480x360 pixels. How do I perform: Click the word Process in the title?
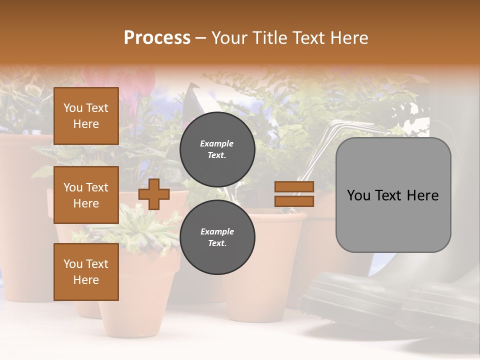pyautogui.click(x=157, y=38)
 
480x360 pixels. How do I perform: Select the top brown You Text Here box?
pyautogui.click(x=86, y=116)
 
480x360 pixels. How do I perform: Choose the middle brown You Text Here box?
pyautogui.click(x=86, y=195)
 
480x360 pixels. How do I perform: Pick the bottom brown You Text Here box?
pyautogui.click(x=86, y=272)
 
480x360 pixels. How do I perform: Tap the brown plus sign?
pyautogui.click(x=154, y=194)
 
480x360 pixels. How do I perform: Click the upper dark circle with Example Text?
pyautogui.click(x=217, y=149)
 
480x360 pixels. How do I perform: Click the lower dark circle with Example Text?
pyautogui.click(x=217, y=237)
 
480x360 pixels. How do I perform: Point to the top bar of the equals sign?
pyautogui.click(x=294, y=186)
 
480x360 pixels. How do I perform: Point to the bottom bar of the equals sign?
pyautogui.click(x=294, y=201)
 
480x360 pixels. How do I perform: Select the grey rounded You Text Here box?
pyautogui.click(x=393, y=195)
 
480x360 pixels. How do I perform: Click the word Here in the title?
pyautogui.click(x=347, y=38)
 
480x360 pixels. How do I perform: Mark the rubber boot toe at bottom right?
pyautogui.click(x=330, y=295)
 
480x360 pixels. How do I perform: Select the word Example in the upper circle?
pyautogui.click(x=217, y=143)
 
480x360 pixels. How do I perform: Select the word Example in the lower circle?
pyautogui.click(x=217, y=231)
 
